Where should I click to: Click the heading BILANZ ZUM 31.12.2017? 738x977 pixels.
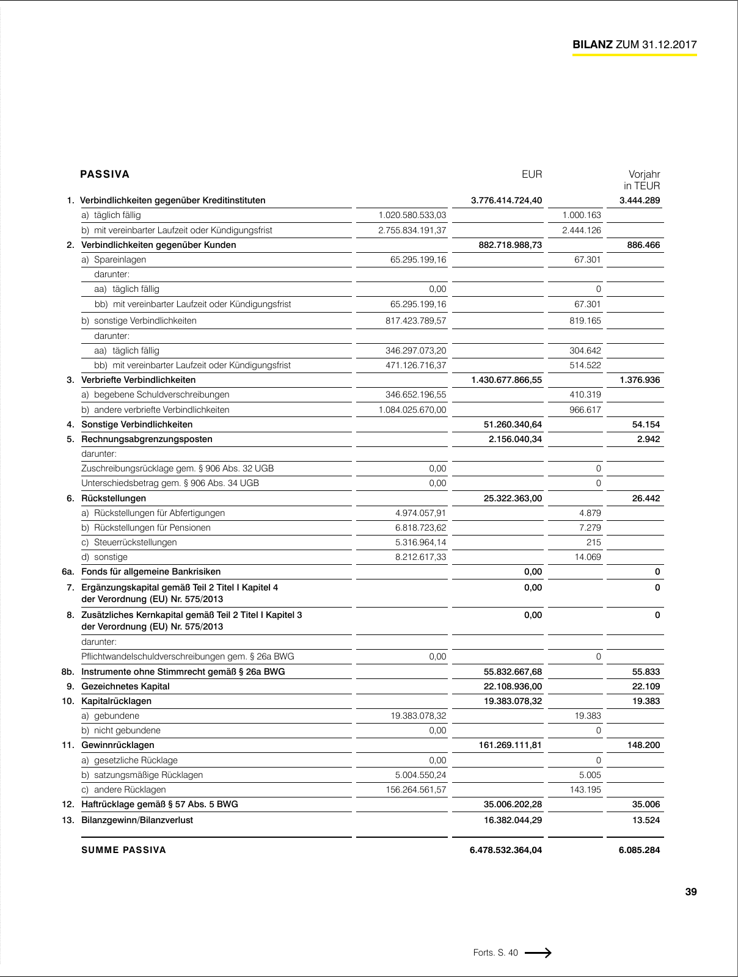[x=634, y=45]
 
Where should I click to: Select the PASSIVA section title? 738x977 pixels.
[x=105, y=175]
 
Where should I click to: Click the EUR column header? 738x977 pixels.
[x=532, y=175]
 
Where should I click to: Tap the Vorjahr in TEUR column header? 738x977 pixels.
[x=643, y=180]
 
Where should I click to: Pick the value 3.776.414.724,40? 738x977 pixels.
[x=506, y=200]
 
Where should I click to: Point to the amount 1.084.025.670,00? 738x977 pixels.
[x=412, y=410]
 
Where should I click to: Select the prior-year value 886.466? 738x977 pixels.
[x=643, y=245]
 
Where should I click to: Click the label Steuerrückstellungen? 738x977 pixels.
[x=135, y=542]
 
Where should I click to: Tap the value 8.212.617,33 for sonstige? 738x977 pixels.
[x=421, y=557]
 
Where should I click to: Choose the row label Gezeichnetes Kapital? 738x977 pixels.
[x=125, y=686]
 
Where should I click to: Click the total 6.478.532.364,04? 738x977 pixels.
[x=506, y=850]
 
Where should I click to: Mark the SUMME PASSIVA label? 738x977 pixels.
[x=123, y=850]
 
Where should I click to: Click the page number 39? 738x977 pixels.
[x=690, y=892]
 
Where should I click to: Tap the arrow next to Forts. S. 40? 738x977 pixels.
[x=538, y=953]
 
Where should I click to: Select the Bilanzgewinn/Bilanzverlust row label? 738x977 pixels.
[x=137, y=820]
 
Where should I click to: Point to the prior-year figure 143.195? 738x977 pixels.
[x=585, y=790]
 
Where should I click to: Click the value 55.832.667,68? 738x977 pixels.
[x=513, y=672]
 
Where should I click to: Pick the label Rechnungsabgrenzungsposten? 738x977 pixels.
[x=147, y=439]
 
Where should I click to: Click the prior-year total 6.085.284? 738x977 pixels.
[x=639, y=850]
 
